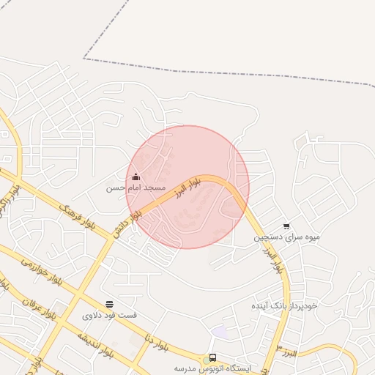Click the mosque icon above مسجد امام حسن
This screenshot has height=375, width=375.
click(135, 177)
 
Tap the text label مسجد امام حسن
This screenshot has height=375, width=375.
click(136, 188)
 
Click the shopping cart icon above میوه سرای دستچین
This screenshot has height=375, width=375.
click(286, 226)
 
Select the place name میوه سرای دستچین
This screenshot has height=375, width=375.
click(287, 237)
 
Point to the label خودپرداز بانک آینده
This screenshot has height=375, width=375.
click(284, 305)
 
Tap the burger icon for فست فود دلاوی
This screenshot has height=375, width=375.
click(109, 304)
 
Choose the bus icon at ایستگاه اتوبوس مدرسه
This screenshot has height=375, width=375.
click(212, 358)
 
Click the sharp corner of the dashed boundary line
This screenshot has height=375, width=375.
click(83, 58)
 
